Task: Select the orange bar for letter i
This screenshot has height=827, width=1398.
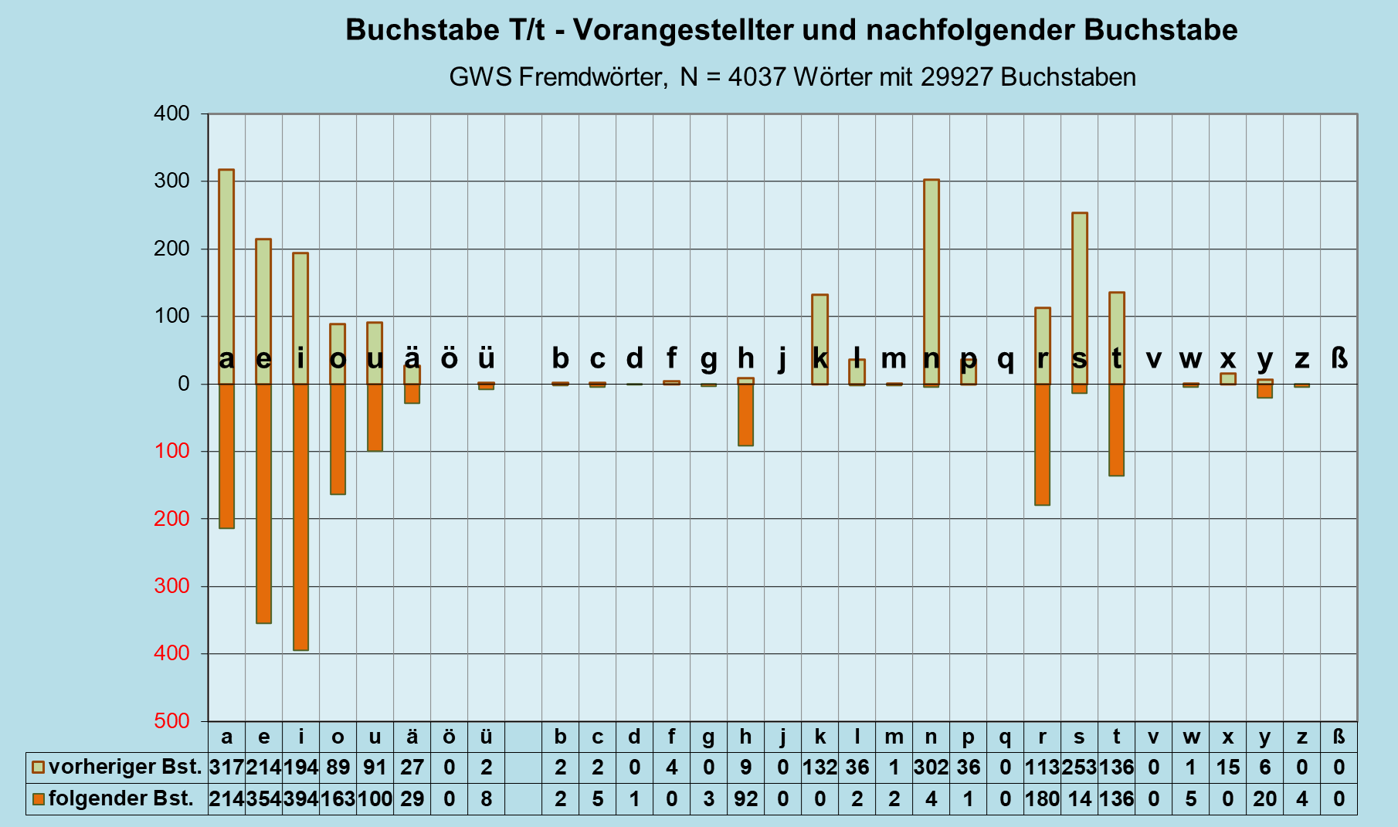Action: tap(300, 517)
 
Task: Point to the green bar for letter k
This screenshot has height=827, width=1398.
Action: tap(819, 324)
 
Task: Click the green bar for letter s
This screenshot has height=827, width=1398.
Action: tap(1080, 278)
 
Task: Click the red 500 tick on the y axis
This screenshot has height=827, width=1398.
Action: tap(171, 720)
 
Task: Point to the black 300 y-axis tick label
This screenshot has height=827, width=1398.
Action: tap(171, 181)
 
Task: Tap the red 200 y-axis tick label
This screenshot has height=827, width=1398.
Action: tap(171, 518)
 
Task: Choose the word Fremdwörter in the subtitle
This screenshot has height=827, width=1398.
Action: tap(591, 77)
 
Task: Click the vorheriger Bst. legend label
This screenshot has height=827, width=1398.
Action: tap(124, 768)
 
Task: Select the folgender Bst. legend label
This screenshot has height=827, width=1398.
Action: tap(120, 798)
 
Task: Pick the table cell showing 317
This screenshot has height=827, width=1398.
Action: tap(226, 768)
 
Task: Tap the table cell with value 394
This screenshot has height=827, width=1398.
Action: tap(300, 798)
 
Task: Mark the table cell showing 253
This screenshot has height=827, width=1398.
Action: tap(1079, 768)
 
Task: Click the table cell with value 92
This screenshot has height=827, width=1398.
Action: tap(745, 798)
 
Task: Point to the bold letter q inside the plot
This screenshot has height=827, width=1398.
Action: tap(1005, 359)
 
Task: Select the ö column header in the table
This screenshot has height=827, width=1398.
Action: tap(449, 737)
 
